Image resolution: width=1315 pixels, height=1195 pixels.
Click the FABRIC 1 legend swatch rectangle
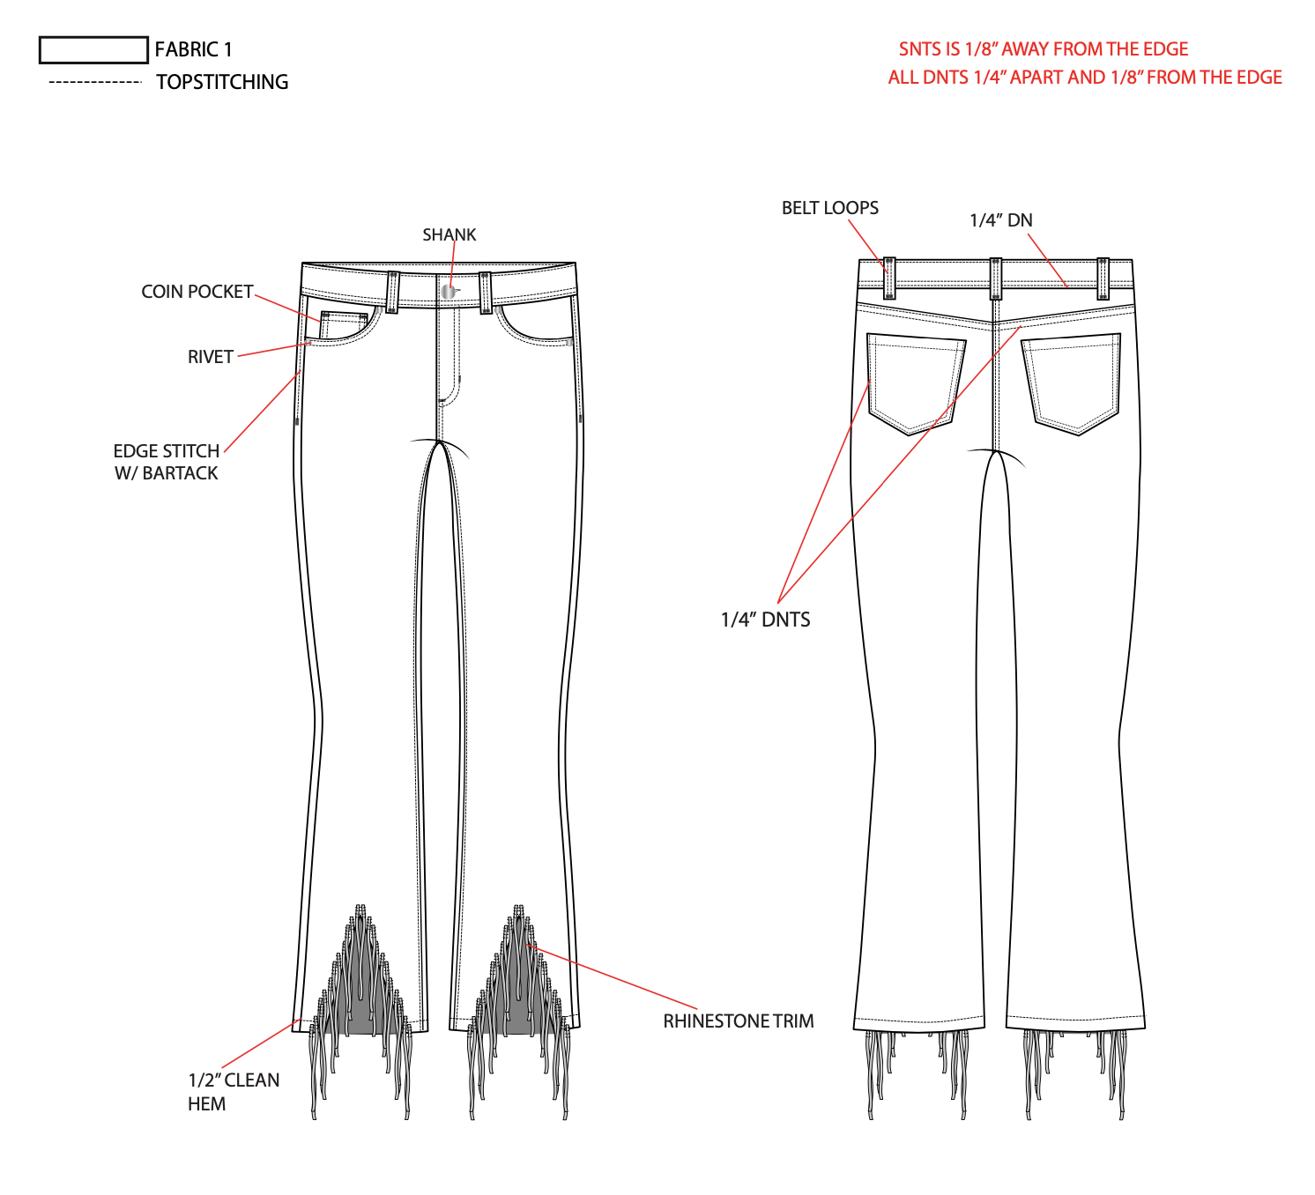93,50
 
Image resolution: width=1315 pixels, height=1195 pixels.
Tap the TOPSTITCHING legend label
222,82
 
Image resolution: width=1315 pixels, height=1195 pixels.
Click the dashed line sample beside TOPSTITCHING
95,82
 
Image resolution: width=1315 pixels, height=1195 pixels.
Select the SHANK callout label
449,235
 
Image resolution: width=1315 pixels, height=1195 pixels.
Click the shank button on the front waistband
449,290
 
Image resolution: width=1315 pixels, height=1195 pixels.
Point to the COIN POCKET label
197,292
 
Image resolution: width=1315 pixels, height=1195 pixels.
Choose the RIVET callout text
210,357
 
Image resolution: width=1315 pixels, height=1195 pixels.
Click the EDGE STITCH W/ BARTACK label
167,462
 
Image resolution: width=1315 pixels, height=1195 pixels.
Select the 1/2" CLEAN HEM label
233,1092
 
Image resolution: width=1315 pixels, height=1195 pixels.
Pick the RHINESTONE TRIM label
739,1021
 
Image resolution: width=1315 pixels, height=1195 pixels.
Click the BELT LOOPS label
830,208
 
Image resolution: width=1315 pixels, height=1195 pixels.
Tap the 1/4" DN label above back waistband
1000,220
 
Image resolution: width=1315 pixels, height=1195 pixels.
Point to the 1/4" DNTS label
765,620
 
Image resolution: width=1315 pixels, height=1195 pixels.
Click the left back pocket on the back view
915,381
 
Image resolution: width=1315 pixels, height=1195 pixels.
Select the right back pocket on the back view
1073,381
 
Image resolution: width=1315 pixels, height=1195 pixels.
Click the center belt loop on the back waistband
995,278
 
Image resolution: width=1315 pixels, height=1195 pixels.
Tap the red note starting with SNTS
1044,49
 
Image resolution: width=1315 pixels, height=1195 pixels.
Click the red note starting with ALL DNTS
1085,78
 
